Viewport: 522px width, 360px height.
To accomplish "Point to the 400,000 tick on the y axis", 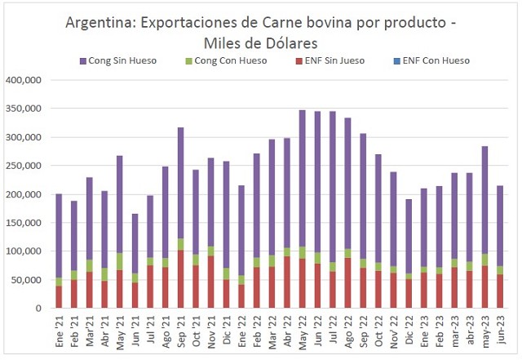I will (x=25, y=80).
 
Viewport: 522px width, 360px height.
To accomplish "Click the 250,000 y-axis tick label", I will (x=25, y=166).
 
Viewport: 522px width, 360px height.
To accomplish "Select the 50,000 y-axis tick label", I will (x=28, y=280).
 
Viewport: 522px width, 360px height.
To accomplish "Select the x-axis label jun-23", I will (x=500, y=331).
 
